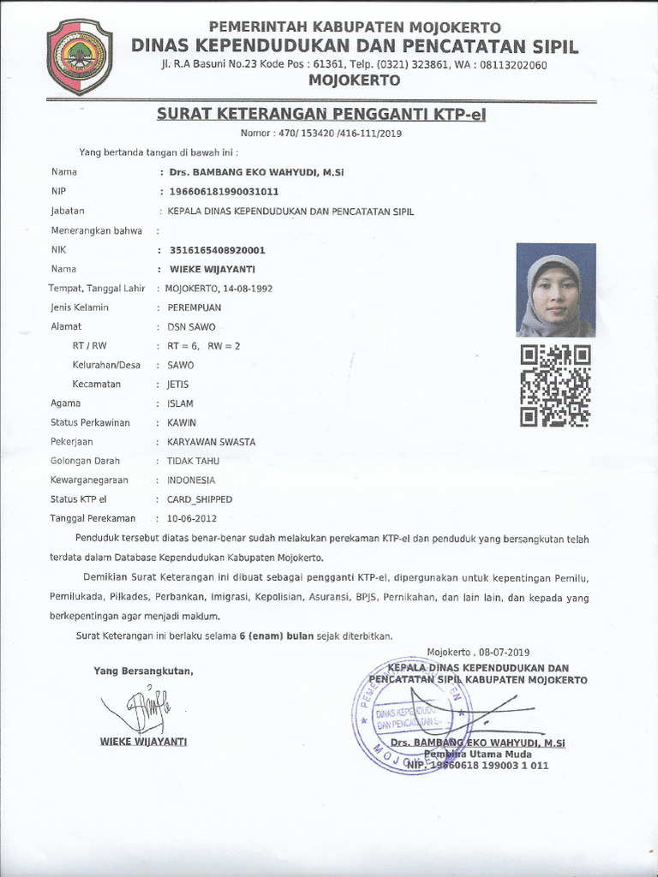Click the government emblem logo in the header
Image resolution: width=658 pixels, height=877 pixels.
[x=79, y=57]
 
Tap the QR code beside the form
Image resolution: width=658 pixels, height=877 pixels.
[x=555, y=385]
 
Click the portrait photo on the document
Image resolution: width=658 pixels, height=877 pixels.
[x=555, y=290]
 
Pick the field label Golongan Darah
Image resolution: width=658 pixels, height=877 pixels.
[x=86, y=461]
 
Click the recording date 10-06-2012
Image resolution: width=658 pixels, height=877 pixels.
[x=193, y=518]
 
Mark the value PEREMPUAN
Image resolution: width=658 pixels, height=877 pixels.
[x=194, y=307]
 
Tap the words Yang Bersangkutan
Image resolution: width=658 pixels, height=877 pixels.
[x=143, y=671]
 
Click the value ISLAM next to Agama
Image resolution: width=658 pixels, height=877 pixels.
[x=181, y=403]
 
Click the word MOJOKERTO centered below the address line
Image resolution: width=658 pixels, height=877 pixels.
[x=354, y=81]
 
